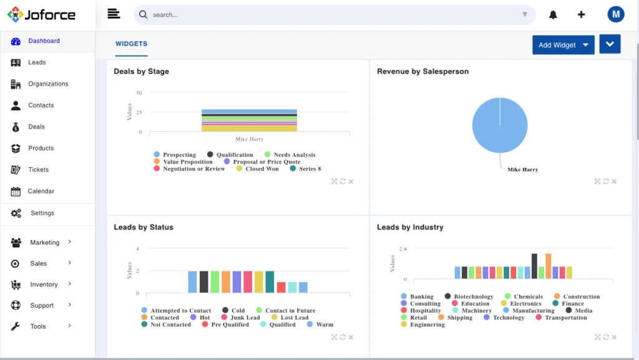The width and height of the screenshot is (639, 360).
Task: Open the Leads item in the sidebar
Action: [x=37, y=62]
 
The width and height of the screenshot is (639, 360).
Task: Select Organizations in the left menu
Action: [x=48, y=84]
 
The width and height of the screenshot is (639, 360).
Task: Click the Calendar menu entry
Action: [x=41, y=191]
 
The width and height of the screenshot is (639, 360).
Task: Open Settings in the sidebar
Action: [x=42, y=213]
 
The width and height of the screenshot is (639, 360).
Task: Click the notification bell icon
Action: [x=553, y=15]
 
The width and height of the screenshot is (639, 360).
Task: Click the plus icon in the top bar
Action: [x=581, y=15]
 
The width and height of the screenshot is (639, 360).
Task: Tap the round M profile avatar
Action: [x=615, y=14]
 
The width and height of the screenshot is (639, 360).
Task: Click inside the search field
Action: [x=331, y=14]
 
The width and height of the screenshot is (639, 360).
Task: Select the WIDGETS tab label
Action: [x=131, y=44]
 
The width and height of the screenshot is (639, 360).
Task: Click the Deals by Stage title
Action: [x=141, y=71]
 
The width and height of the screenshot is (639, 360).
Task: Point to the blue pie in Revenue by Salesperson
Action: [x=500, y=125]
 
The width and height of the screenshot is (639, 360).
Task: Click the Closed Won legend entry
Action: [x=261, y=168]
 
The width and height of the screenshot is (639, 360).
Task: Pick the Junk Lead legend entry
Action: [x=245, y=318]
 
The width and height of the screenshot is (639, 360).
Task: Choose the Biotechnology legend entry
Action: [x=473, y=296]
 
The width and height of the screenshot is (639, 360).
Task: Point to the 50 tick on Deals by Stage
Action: [x=139, y=93]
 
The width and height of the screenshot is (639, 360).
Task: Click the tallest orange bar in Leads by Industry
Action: [x=548, y=266]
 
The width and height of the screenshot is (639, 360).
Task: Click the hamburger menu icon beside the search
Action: [x=113, y=14]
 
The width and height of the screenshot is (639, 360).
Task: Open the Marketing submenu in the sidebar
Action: [x=44, y=242]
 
